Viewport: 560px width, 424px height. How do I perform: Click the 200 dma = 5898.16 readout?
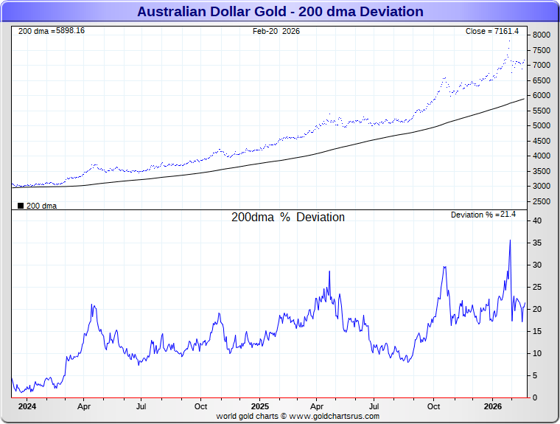coord(51,31)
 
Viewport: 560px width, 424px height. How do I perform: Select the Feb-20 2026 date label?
coord(276,31)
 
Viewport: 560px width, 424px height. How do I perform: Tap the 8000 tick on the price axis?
coord(542,35)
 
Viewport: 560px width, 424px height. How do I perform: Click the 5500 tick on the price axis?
coord(542,111)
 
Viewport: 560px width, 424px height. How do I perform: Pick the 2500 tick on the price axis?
coord(542,201)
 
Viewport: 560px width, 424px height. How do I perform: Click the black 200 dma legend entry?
coord(37,206)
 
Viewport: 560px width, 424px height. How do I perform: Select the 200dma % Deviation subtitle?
coord(287,218)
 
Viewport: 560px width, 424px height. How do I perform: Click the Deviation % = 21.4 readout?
coord(483,215)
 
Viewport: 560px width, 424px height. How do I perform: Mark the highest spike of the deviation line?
coord(510,240)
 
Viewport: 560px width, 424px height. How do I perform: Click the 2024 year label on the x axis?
coord(27,406)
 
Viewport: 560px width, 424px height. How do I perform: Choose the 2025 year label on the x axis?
coord(259,406)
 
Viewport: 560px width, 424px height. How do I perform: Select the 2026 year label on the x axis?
coord(493,406)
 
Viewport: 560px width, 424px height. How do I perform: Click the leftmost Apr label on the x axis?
coord(84,406)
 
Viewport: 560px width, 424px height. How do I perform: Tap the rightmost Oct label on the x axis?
coord(434,406)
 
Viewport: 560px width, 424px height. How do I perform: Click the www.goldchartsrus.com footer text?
coord(334,417)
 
